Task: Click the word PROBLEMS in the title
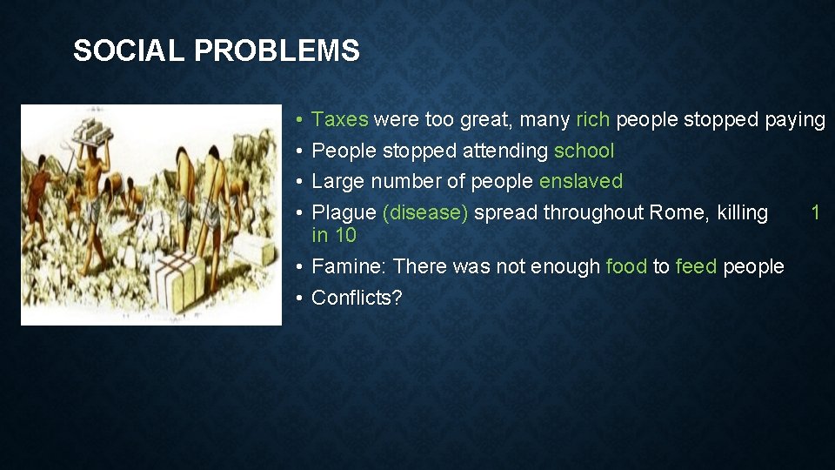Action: click(x=277, y=51)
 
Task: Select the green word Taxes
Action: click(x=339, y=120)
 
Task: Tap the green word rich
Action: click(x=592, y=120)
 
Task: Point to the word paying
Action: click(x=794, y=120)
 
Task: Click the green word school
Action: click(x=584, y=151)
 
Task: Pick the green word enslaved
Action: click(x=581, y=182)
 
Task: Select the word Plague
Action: click(x=344, y=212)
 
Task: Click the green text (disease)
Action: click(x=425, y=212)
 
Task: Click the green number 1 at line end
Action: click(x=815, y=212)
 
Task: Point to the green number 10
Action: click(x=345, y=235)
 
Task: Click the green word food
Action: click(x=626, y=266)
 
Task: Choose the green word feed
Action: click(x=696, y=266)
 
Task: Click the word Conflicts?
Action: click(x=357, y=298)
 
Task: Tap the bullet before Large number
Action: click(x=297, y=182)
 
